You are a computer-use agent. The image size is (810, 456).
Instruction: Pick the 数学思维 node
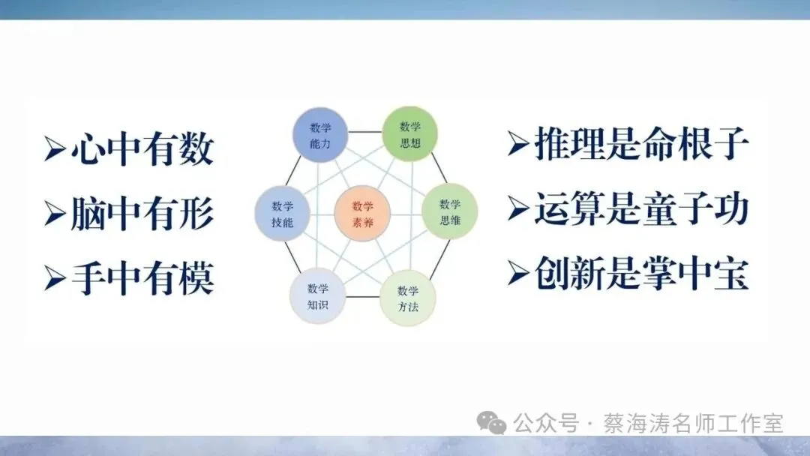click(x=450, y=211)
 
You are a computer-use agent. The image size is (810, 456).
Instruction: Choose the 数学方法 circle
click(x=408, y=298)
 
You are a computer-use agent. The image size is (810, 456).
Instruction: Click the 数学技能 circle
click(x=283, y=213)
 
